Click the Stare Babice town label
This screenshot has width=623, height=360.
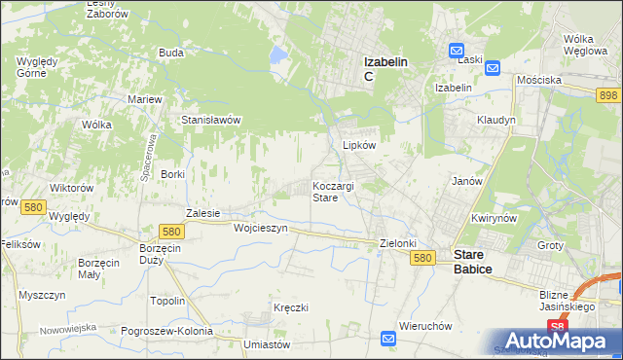(473, 262)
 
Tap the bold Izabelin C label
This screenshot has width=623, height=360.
(385, 69)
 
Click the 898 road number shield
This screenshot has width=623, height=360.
(608, 93)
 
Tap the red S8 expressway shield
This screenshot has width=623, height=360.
(556, 327)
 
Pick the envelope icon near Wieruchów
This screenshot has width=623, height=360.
(388, 339)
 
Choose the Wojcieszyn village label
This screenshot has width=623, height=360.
(261, 228)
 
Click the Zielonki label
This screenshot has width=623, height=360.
(397, 243)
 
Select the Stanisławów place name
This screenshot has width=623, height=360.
(211, 121)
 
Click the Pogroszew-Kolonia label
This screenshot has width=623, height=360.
(167, 332)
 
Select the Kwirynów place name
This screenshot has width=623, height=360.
(492, 219)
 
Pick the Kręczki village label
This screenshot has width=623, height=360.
(291, 307)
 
